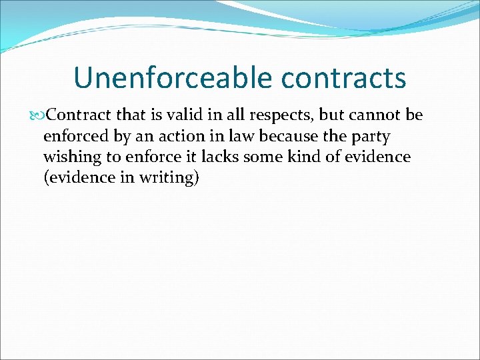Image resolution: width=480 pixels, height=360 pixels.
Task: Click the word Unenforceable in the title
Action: tap(173, 78)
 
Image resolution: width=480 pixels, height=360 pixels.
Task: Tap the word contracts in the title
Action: tap(344, 78)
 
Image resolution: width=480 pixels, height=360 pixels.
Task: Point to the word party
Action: tap(373, 137)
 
